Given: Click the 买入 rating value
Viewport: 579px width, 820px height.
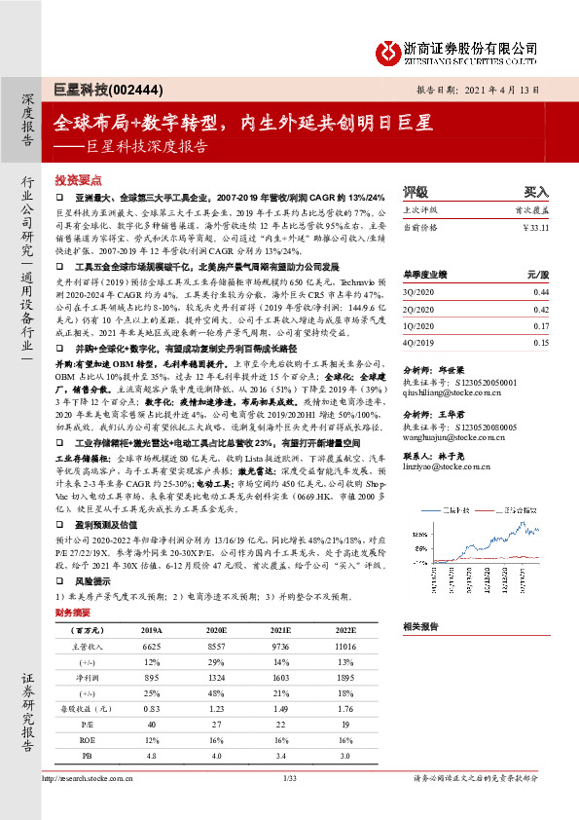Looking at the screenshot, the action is tap(536, 192).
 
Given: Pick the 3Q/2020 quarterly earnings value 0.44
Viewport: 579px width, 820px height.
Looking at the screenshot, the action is tap(541, 292).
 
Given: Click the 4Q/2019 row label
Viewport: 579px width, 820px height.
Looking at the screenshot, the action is tap(417, 343).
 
